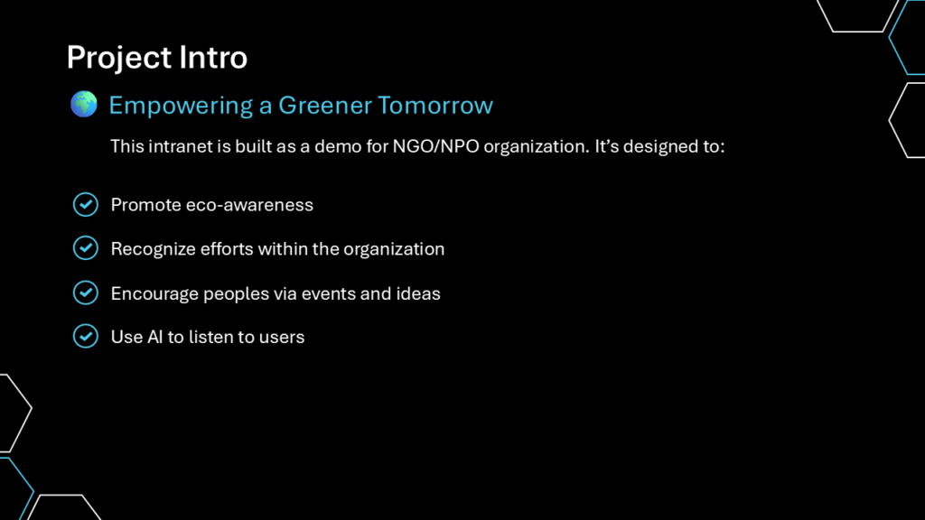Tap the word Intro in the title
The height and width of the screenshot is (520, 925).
pyautogui.click(x=213, y=57)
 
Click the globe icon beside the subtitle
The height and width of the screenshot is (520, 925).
pyautogui.click(x=84, y=105)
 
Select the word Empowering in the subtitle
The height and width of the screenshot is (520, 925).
pyautogui.click(x=181, y=107)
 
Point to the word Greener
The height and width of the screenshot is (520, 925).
pyautogui.click(x=325, y=105)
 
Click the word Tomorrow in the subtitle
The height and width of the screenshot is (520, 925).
pyautogui.click(x=435, y=105)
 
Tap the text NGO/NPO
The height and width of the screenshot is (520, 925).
pyautogui.click(x=436, y=146)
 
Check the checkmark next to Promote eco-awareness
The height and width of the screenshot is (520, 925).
pyautogui.click(x=86, y=205)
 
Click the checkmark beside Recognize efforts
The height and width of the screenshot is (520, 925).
pyautogui.click(x=86, y=248)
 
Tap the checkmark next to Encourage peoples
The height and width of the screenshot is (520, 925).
pyautogui.click(x=86, y=293)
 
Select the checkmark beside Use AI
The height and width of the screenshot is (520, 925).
pyautogui.click(x=86, y=336)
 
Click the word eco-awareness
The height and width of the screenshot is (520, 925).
pyautogui.click(x=249, y=205)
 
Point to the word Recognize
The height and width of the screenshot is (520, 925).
pyautogui.click(x=154, y=249)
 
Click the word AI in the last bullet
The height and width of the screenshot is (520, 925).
pyautogui.click(x=154, y=337)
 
